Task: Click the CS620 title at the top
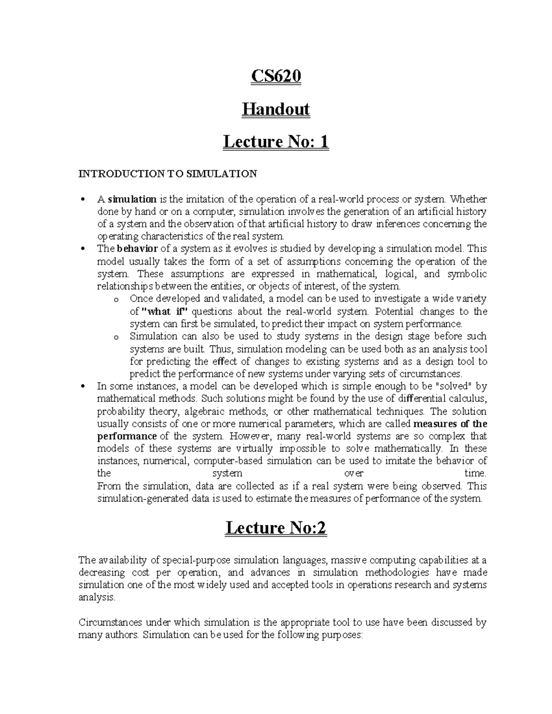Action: (x=276, y=76)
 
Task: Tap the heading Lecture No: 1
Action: (x=276, y=142)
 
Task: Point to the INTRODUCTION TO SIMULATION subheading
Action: (x=167, y=174)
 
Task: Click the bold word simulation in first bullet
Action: (x=132, y=199)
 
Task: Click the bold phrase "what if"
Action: (x=163, y=311)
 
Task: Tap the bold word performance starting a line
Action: (x=127, y=436)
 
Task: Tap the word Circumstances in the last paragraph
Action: (x=110, y=623)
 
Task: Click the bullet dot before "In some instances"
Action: (x=82, y=387)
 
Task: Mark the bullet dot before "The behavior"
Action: (x=82, y=249)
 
